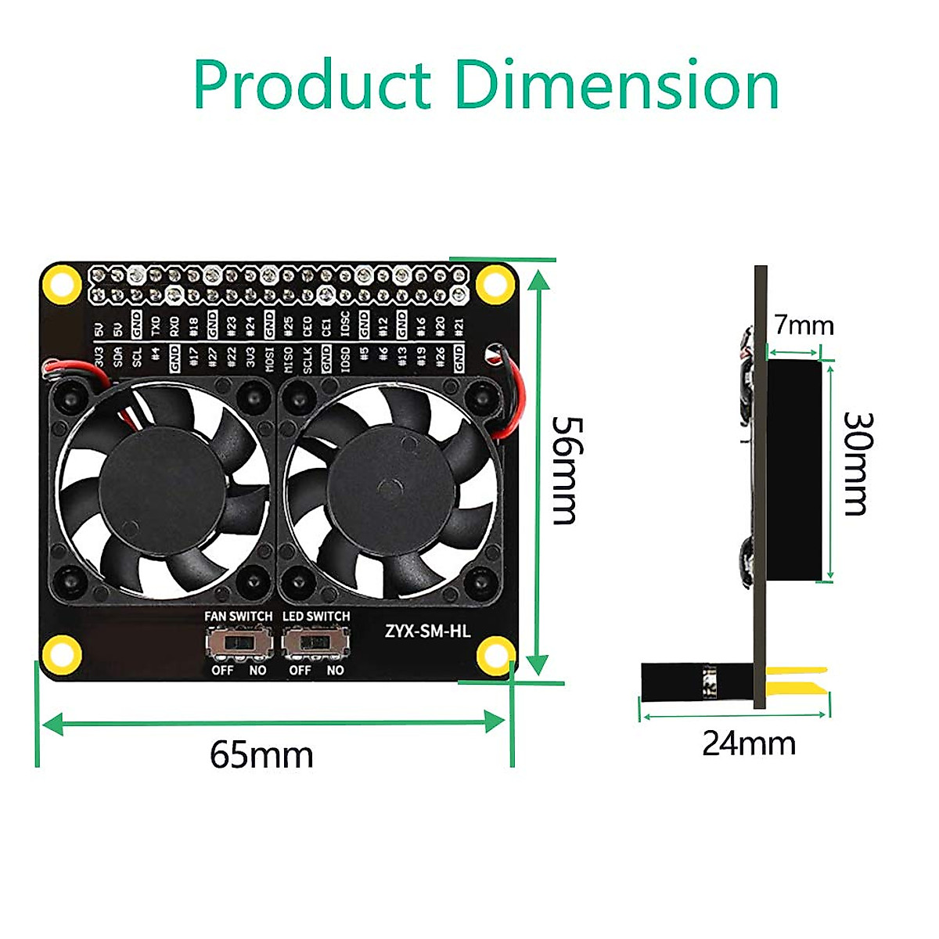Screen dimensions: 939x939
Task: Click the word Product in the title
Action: [x=311, y=85]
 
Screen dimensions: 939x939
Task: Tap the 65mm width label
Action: [x=261, y=755]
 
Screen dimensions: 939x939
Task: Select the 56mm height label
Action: [x=565, y=469]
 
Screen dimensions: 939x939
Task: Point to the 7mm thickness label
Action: [x=804, y=324]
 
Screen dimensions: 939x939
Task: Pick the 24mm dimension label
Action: [x=749, y=743]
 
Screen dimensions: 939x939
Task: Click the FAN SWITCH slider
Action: [x=239, y=645]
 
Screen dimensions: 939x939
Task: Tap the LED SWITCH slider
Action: [x=316, y=645]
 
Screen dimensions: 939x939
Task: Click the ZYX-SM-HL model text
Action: [x=427, y=631]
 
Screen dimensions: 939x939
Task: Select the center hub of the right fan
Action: [x=389, y=488]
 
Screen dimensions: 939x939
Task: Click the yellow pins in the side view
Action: [x=796, y=679]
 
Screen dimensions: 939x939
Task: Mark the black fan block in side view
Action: [x=793, y=470]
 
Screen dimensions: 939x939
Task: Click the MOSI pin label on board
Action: [x=269, y=359]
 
